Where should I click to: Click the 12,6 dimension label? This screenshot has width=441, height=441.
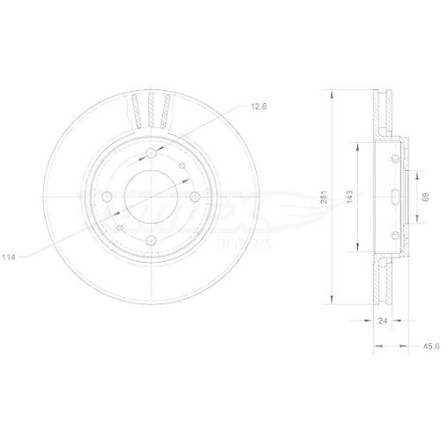[x=258, y=108]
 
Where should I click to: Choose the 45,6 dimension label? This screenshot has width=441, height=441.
[x=430, y=347]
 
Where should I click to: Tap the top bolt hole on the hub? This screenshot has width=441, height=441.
[x=149, y=153]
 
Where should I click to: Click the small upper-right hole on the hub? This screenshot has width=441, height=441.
[x=183, y=168]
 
